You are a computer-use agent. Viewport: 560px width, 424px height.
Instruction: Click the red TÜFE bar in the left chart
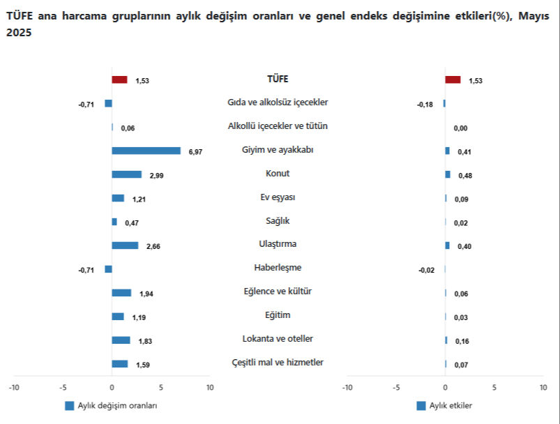coord(119,79)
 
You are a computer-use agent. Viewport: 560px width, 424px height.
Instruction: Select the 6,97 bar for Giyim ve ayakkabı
coord(146,151)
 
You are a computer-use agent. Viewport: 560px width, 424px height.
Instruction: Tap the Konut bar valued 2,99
coord(126,174)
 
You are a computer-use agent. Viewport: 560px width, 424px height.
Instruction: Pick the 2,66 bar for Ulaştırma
coord(125,245)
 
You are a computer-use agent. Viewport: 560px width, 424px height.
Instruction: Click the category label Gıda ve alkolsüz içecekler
coord(278,103)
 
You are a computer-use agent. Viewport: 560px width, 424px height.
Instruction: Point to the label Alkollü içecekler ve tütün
coord(278,126)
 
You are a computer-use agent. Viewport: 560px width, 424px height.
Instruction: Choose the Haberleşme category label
coord(278,268)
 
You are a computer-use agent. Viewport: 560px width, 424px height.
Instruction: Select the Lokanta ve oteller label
coord(278,339)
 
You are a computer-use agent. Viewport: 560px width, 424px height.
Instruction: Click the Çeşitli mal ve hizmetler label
coord(278,363)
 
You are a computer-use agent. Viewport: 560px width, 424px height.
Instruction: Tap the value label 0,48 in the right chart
coord(464,176)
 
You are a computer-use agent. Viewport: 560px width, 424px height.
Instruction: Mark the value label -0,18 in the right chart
coord(425,105)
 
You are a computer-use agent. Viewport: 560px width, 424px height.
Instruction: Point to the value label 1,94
coord(146,294)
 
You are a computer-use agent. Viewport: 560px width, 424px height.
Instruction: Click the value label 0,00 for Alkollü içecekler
coord(460,128)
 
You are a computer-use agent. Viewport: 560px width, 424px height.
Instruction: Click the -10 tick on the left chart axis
coord(13,387)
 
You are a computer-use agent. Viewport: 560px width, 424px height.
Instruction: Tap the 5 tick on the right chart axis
coord(494,387)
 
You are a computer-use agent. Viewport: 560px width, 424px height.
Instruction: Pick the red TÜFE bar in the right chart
coord(453,79)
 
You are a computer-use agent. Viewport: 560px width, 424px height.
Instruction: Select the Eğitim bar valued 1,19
coord(118,317)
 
